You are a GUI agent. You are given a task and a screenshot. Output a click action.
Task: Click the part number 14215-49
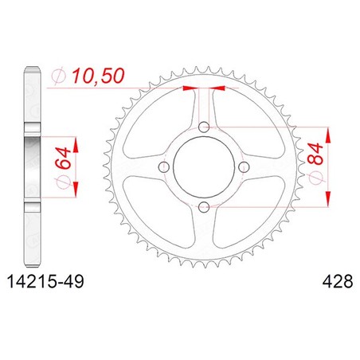point(45,281)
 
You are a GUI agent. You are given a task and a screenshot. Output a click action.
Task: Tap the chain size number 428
point(338,281)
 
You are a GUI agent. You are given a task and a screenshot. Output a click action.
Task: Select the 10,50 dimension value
point(98,76)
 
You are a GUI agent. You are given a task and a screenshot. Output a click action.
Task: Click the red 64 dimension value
point(63,158)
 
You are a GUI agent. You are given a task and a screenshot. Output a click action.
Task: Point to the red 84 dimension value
point(315,154)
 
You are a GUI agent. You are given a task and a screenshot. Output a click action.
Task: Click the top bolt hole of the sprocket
point(204,127)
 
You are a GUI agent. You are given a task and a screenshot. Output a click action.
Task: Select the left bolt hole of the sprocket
point(163,167)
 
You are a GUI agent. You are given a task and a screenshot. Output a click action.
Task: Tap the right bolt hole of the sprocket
point(244,167)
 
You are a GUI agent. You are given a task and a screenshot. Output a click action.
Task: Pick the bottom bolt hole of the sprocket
point(204,207)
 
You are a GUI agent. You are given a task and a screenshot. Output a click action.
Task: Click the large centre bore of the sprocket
point(204,167)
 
